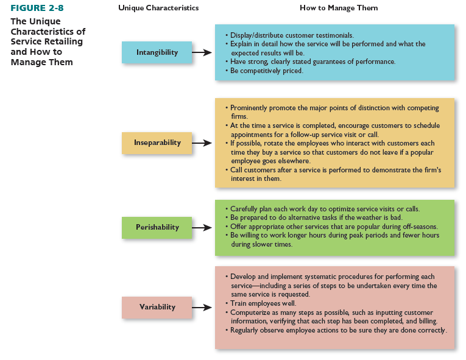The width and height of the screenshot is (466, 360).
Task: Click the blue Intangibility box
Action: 157,52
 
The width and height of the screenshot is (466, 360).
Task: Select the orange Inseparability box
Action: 157,143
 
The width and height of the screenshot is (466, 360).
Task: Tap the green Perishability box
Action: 157,227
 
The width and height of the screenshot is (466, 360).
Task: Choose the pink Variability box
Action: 157,308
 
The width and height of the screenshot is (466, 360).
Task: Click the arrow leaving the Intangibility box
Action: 202,52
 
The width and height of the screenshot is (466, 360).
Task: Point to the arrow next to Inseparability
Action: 202,143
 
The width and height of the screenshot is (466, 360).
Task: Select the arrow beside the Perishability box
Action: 202,228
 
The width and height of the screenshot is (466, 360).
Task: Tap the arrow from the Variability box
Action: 202,308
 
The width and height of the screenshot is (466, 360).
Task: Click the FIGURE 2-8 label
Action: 37,8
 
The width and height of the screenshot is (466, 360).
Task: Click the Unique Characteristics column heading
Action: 158,8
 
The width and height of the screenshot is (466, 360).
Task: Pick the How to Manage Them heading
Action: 339,8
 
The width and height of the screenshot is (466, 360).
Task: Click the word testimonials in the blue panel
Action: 334,35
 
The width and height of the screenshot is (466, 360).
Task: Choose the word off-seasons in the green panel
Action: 420,227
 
